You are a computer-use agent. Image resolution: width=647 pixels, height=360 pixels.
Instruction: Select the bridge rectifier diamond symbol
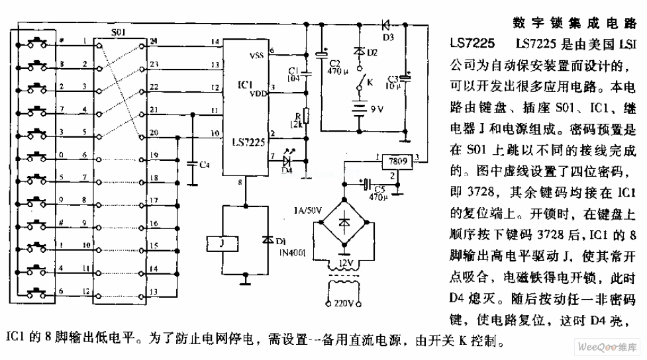pos(344,224)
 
